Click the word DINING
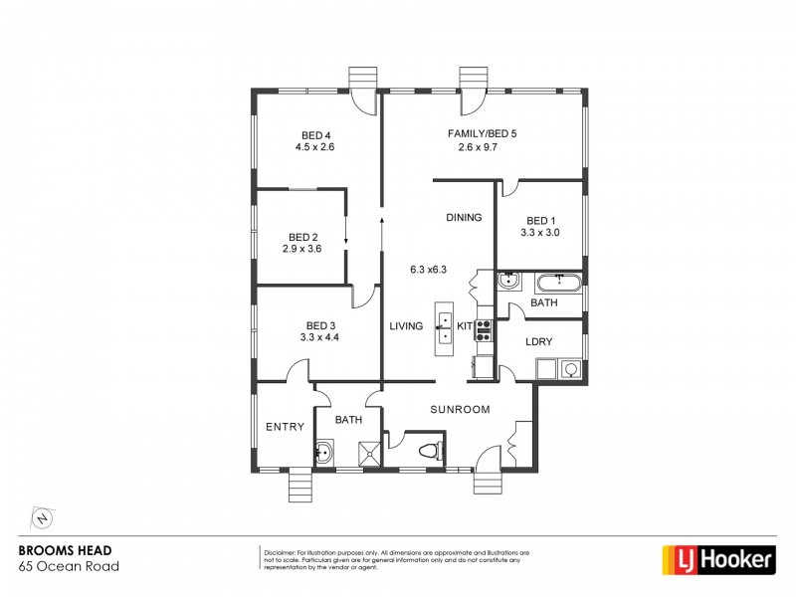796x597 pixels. (x=464, y=217)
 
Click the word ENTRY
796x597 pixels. (x=285, y=427)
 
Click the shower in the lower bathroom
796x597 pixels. (x=369, y=454)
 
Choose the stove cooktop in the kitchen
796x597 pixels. (x=484, y=330)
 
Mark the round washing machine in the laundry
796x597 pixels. (x=571, y=369)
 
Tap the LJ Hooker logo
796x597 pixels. (x=719, y=560)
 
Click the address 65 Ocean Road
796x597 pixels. (x=70, y=567)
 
